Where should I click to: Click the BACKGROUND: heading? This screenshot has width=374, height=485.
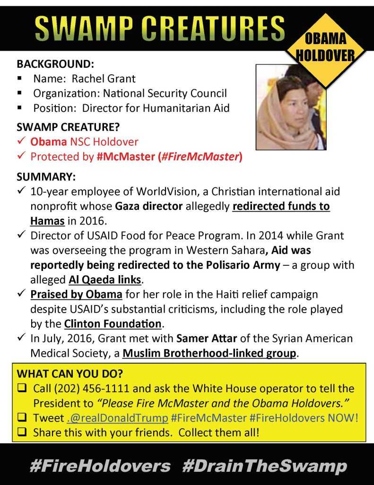pos(55,63)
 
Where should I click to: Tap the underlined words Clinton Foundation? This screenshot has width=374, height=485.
pos(113,324)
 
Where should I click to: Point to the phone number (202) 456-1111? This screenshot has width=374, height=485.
pos(87,389)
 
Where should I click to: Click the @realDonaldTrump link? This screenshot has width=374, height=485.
pos(117,418)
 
